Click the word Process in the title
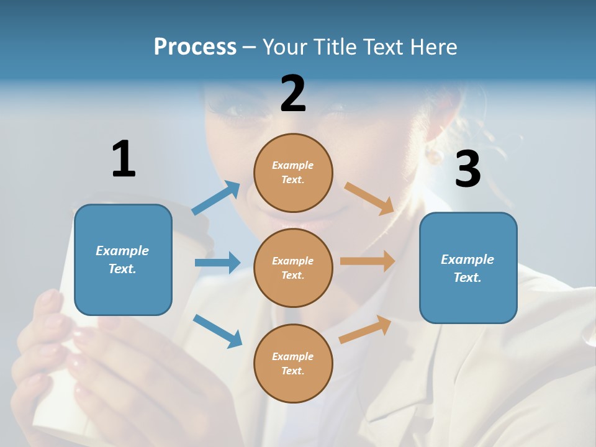click(x=195, y=47)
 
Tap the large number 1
click(x=124, y=159)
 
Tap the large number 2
click(x=293, y=94)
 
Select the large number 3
click(x=467, y=169)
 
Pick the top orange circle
click(x=293, y=173)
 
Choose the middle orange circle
click(x=293, y=268)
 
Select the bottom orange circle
click(x=293, y=363)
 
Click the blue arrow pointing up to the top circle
click(x=216, y=198)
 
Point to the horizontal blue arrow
click(x=217, y=263)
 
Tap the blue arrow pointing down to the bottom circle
click(x=217, y=331)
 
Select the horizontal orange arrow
click(x=368, y=261)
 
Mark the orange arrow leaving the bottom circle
click(x=365, y=330)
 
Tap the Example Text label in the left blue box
click(x=122, y=260)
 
